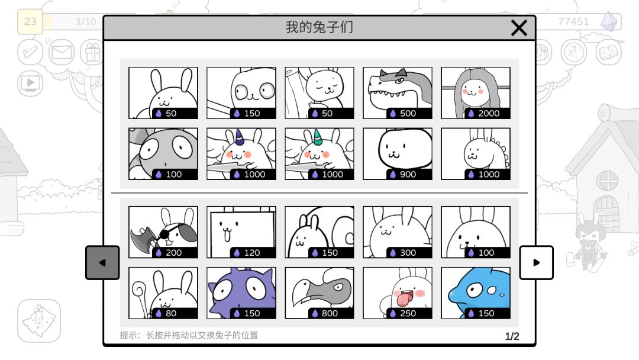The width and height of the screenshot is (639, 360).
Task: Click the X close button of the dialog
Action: click(519, 28)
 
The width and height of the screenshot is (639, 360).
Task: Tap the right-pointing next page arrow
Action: click(536, 262)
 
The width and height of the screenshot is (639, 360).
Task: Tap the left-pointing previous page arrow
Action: click(102, 262)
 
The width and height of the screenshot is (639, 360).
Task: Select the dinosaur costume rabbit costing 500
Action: click(398, 93)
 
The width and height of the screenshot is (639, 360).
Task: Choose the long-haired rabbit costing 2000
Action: click(476, 93)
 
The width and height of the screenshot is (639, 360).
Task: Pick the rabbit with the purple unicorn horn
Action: click(241, 154)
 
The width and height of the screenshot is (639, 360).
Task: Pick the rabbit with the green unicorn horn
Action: click(319, 154)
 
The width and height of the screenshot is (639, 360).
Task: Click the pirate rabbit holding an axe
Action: click(163, 232)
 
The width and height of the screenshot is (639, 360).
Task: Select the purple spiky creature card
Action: click(241, 292)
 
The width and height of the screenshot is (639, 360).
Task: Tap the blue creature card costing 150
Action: click(476, 292)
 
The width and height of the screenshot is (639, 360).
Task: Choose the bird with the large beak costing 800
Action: click(319, 292)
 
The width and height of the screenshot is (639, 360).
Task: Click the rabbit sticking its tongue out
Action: click(398, 292)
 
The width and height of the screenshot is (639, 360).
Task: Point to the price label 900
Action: click(408, 175)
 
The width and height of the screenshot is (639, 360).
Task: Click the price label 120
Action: click(252, 253)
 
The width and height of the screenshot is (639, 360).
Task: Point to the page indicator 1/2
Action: click(512, 336)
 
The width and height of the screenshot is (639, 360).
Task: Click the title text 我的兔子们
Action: click(319, 27)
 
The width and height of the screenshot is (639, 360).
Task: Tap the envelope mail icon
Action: click(62, 52)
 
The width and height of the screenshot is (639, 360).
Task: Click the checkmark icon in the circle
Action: click(30, 52)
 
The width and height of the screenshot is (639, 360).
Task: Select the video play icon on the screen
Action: click(30, 83)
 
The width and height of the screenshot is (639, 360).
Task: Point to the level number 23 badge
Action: click(30, 21)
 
